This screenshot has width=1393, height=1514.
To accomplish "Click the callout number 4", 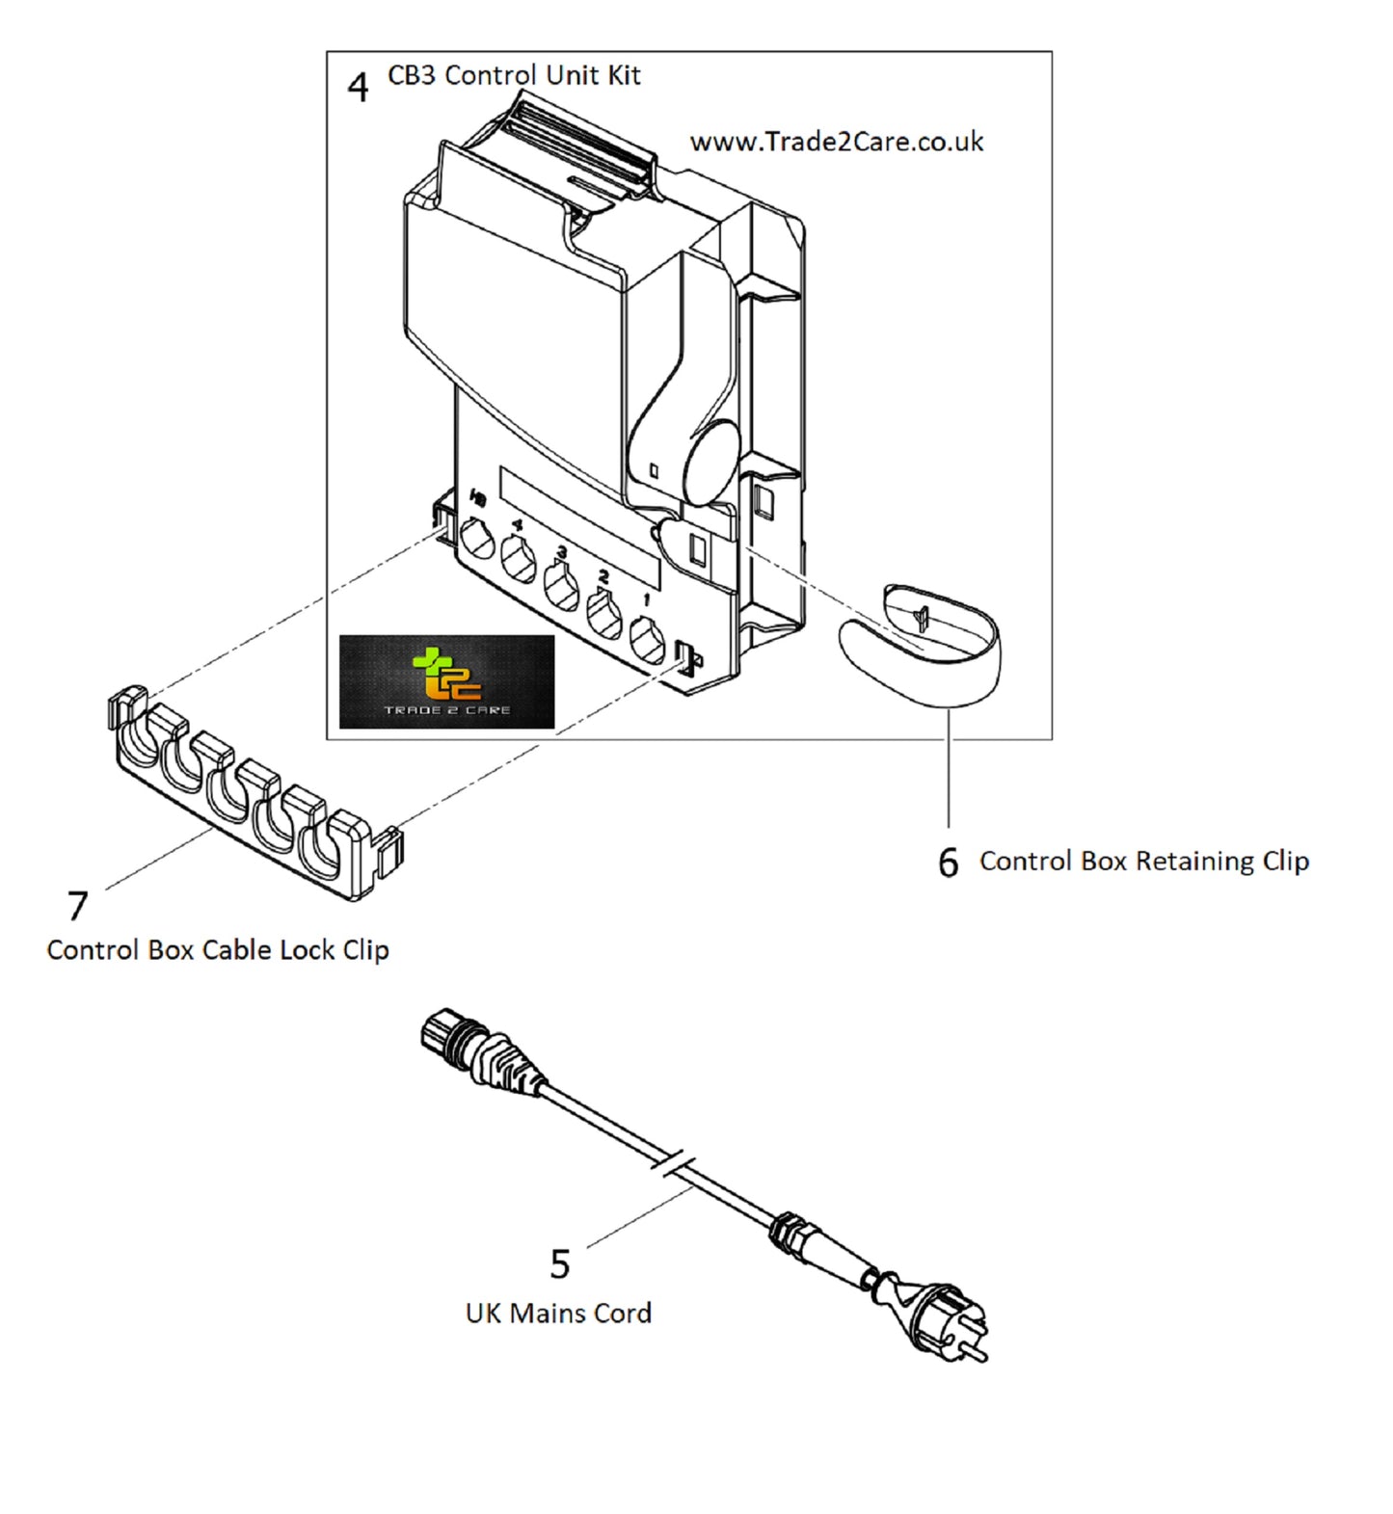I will pos(358,88).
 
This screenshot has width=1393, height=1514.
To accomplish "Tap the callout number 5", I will pos(560,1263).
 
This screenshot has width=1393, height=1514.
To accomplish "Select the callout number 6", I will pos(949,863).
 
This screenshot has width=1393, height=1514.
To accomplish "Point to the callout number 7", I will pos(77,906).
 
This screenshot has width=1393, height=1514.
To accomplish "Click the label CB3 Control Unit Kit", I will pos(514,75).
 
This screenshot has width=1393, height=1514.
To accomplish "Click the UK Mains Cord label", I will pos(558,1313).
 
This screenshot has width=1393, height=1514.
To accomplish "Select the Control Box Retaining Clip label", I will pos(1144,861).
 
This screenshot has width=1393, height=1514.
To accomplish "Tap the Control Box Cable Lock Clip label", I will pos(218,949).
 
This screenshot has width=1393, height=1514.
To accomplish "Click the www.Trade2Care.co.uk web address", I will pos(837,142).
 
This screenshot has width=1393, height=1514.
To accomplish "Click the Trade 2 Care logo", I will pos(447,681).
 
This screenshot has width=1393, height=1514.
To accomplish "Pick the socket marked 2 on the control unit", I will pos(604,615).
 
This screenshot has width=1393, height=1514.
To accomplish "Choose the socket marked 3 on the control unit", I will pos(561,587).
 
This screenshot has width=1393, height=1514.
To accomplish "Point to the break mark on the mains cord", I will pos(676,1163).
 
